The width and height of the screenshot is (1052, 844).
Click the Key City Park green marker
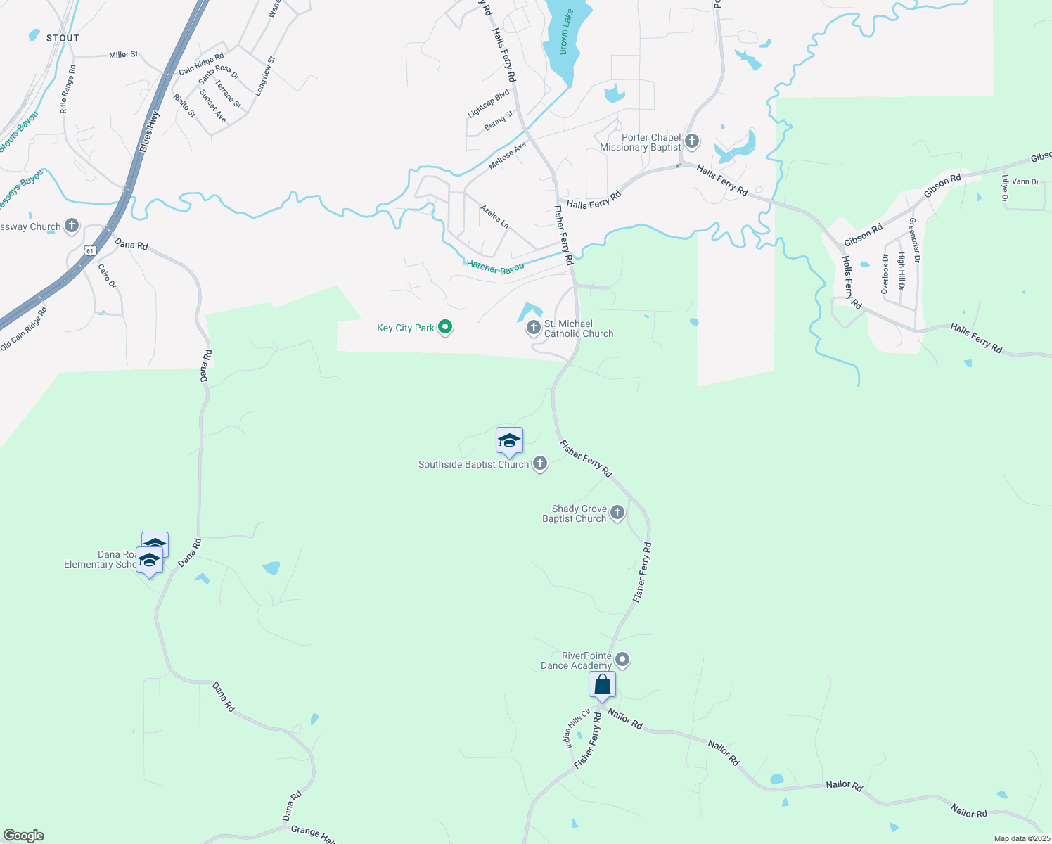444,327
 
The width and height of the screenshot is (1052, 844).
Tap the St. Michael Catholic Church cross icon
534,327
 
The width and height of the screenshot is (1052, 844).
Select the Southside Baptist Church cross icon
540,463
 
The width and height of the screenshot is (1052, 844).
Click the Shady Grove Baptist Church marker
617,513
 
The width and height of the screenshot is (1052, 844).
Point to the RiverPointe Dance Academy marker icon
622,660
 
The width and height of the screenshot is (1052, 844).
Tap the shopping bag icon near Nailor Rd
603,684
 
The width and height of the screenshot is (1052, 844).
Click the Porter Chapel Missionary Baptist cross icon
692,141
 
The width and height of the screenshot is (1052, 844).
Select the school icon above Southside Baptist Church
509,441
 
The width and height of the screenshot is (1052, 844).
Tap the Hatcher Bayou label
495,267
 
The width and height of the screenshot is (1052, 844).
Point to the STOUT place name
63,38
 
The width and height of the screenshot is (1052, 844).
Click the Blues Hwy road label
149,131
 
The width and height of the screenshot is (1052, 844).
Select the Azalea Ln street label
494,217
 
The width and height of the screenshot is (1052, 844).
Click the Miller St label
124,54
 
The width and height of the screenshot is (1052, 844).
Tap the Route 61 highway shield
89,250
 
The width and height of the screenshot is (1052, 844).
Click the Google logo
24,836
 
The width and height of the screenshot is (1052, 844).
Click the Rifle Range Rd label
68,89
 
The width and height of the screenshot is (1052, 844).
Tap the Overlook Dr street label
885,274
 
